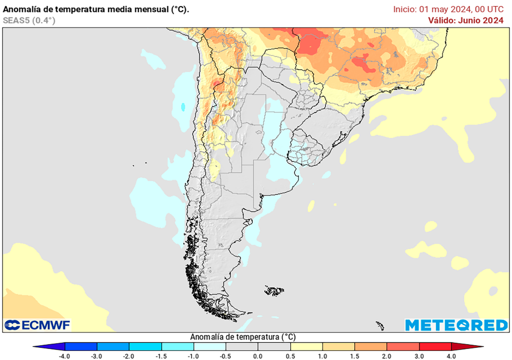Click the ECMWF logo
[x=37, y=325]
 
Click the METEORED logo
[x=456, y=325]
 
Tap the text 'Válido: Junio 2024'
[x=465, y=20]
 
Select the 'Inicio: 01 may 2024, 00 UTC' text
[x=448, y=9]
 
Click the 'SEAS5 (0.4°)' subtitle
[x=29, y=20]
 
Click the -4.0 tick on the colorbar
[x=64, y=356]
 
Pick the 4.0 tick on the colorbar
[x=451, y=356]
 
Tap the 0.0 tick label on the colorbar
[x=258, y=356]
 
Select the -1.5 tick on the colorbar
[x=161, y=356]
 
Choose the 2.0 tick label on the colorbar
[x=387, y=356]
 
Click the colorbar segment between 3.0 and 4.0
[x=435, y=346]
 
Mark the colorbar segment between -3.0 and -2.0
[x=113, y=346]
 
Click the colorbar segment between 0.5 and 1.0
[x=306, y=346]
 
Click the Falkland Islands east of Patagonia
[x=274, y=290]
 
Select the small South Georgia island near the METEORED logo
[x=380, y=326]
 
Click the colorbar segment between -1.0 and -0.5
[x=209, y=346]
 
